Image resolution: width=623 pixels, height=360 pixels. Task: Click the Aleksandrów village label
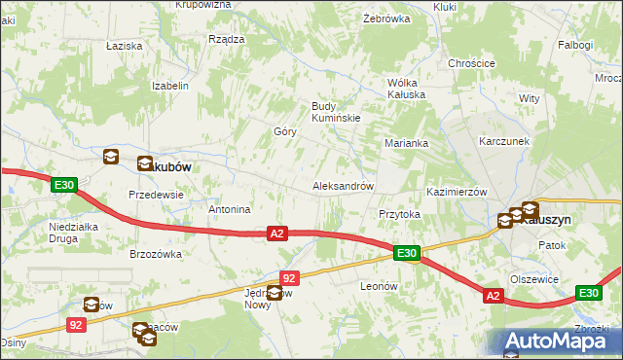tap(342, 185)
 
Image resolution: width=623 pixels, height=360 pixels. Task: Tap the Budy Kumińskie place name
tap(336, 112)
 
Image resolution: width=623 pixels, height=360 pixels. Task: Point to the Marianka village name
tap(406, 143)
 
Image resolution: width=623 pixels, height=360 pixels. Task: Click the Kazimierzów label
tap(456, 193)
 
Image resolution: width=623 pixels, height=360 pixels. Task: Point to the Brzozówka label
tap(156, 254)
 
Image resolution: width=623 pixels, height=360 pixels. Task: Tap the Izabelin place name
tap(169, 86)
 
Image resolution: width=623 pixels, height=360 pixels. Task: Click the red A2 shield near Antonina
tap(277, 234)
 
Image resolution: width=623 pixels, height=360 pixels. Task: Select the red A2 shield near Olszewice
tap(493, 295)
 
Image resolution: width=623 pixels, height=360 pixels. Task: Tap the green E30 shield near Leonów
tap(407, 254)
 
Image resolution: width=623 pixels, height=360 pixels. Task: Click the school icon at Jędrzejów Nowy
tap(275, 293)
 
